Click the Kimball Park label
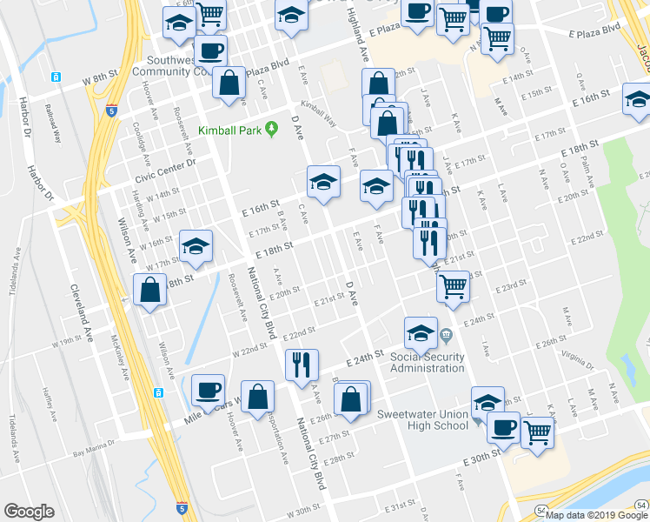pyautogui.click(x=229, y=130)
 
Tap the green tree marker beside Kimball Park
pyautogui.click(x=271, y=130)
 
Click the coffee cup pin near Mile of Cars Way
pyautogui.click(x=208, y=391)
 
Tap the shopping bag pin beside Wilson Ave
pyautogui.click(x=150, y=290)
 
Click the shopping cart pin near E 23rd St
pyautogui.click(x=453, y=286)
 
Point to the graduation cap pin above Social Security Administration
pyautogui.click(x=421, y=332)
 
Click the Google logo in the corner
pyautogui.click(x=29, y=512)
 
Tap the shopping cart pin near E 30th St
pyautogui.click(x=538, y=431)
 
